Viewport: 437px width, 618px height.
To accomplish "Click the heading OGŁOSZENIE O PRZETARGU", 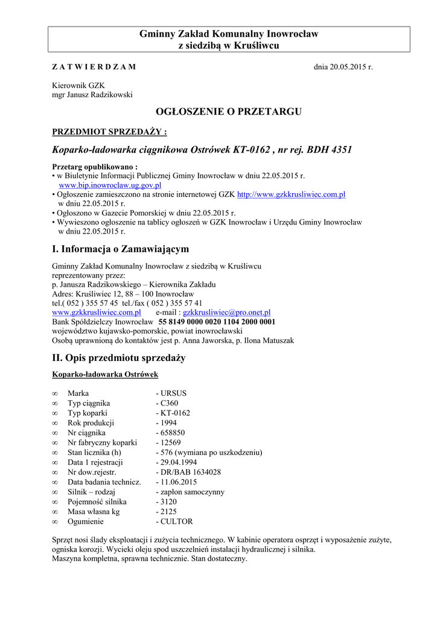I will click(x=228, y=112).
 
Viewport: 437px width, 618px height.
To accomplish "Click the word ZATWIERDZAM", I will click(x=94, y=66).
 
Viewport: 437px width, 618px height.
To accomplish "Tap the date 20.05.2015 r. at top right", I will click(x=343, y=66).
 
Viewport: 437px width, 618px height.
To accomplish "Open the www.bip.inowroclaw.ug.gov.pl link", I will click(x=110, y=185).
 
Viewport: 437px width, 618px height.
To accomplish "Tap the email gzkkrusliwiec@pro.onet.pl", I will click(x=226, y=313).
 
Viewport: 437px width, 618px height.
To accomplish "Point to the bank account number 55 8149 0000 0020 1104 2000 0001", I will click(x=217, y=322).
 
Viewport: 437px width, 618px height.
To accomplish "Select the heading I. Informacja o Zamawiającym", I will click(x=121, y=249).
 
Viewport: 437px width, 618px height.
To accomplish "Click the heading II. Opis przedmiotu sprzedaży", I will click(x=119, y=358).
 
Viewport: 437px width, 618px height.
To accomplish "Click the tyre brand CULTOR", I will click(x=176, y=521).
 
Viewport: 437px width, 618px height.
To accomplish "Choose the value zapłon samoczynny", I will click(x=192, y=492).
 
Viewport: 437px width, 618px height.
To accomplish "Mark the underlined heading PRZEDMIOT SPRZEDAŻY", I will click(x=109, y=132).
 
